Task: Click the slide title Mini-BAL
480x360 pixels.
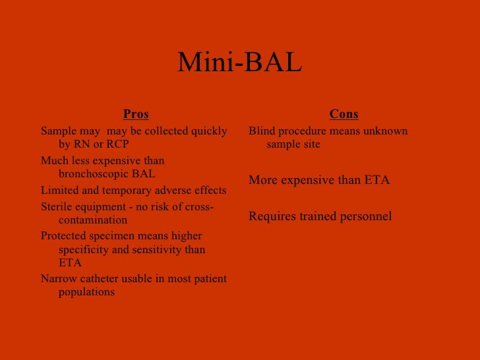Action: pos(239,64)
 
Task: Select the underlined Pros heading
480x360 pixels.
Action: pos(136,114)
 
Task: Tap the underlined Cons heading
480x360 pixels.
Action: pos(344,114)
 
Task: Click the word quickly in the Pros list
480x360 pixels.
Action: pos(208,131)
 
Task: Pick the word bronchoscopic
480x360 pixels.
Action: pos(95,174)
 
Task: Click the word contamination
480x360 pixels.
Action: pos(92,220)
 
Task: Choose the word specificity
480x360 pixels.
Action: pos(84,250)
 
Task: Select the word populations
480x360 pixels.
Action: pos(86,291)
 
